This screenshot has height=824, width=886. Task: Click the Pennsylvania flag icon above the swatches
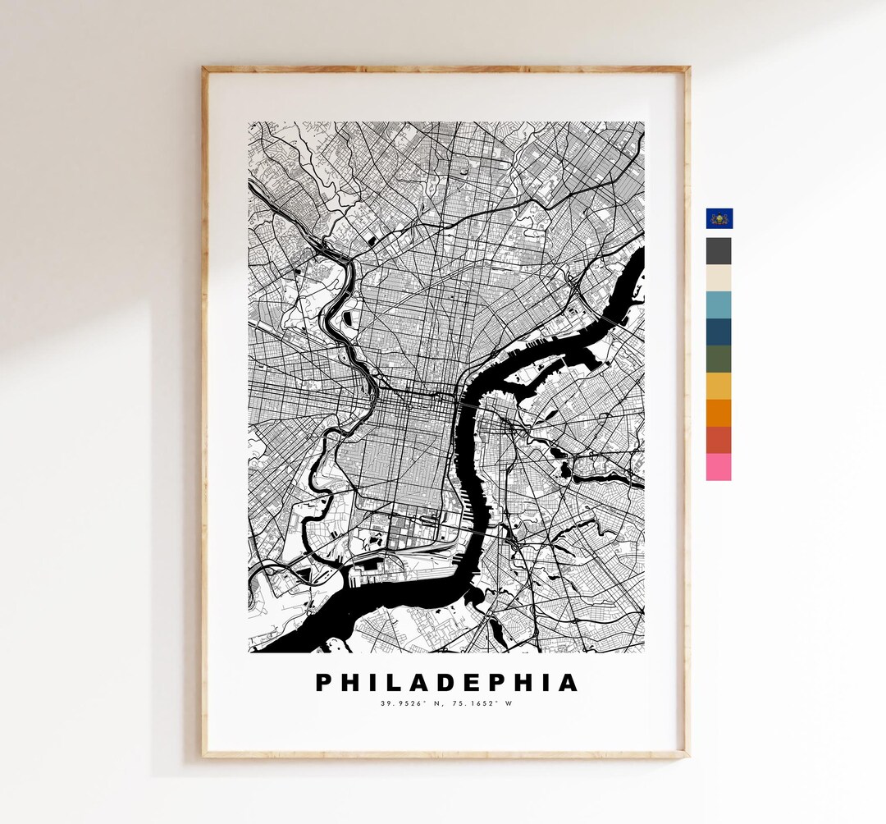[x=719, y=218]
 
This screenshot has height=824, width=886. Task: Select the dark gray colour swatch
[x=719, y=251]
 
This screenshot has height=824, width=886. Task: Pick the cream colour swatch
[x=719, y=278]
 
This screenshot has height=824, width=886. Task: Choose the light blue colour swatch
[x=719, y=305]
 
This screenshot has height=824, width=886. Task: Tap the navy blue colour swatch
[x=719, y=332]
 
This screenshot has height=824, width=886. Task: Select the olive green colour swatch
[x=719, y=359]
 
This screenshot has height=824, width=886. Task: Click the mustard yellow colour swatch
[x=719, y=387]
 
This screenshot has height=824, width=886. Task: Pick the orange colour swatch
[x=719, y=414]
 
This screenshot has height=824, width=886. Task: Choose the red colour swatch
[x=719, y=441]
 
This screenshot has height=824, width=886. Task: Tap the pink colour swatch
[x=719, y=467]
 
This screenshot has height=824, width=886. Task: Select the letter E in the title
[x=479, y=683]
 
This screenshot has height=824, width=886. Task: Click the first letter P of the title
[x=325, y=683]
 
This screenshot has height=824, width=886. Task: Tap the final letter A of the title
[x=568, y=683]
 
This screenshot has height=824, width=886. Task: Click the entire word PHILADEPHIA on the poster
[x=447, y=683]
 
